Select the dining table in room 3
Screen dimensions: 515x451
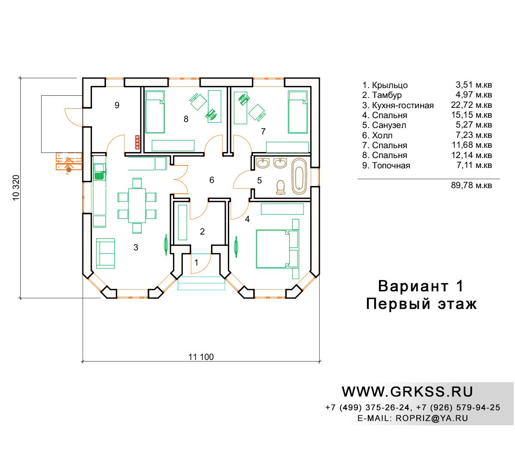137,206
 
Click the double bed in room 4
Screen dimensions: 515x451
277,248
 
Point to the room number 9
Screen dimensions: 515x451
117,105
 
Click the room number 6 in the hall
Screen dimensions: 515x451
212,180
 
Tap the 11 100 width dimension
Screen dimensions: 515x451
201,357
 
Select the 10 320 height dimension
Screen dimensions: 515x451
16,188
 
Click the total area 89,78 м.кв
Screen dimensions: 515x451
471,186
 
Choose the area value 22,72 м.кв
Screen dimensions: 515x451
471,105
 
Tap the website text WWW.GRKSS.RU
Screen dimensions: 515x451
407,392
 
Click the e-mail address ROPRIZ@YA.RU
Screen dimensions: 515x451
432,418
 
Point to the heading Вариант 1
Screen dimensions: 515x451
421,286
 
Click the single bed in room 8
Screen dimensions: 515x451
155,112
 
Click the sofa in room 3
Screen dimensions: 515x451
105,253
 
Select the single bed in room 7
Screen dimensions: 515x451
298,112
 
